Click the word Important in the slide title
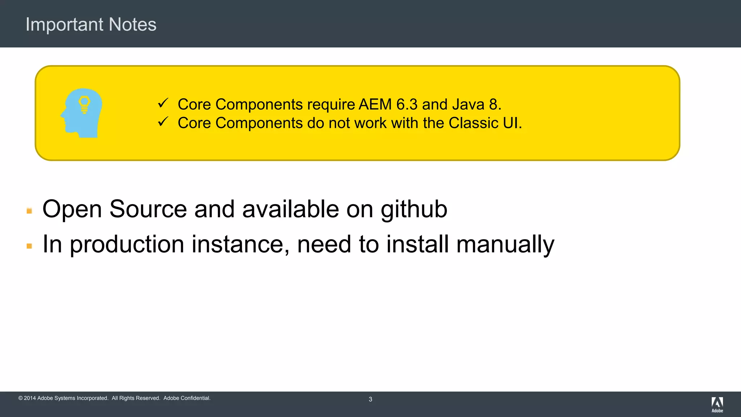click(64, 25)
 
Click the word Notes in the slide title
click(132, 25)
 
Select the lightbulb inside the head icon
click(84, 105)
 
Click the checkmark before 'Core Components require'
click(163, 103)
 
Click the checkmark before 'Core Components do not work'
click(163, 122)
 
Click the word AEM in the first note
click(375, 105)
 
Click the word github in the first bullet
click(414, 210)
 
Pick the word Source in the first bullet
click(148, 209)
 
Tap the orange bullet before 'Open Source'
click(29, 211)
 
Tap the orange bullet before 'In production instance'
click(29, 246)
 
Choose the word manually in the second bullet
click(505, 245)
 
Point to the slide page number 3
click(370, 399)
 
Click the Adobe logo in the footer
click(717, 404)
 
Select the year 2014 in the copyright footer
click(30, 398)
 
